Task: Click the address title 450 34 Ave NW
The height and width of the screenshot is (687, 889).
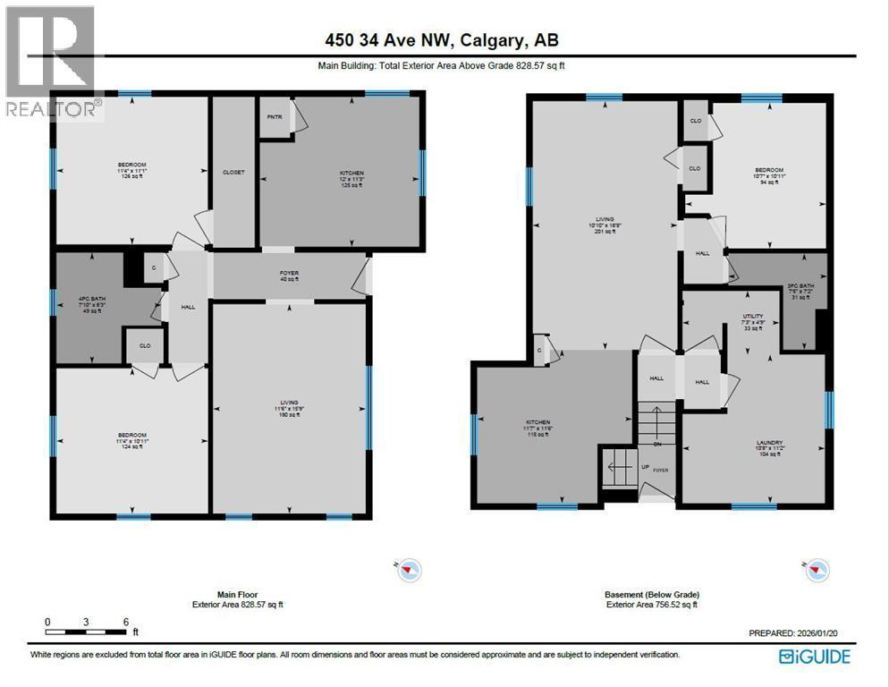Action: [x=444, y=41]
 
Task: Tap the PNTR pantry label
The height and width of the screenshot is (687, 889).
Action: [x=275, y=116]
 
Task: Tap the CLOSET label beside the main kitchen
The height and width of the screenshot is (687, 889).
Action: [x=233, y=172]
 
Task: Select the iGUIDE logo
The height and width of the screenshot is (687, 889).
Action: [x=814, y=657]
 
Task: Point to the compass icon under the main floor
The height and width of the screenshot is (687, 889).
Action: [x=411, y=569]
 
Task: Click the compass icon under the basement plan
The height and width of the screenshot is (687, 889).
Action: [x=817, y=569]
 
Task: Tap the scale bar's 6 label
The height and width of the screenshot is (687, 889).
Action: [x=126, y=622]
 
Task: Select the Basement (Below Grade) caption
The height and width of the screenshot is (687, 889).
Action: [x=651, y=594]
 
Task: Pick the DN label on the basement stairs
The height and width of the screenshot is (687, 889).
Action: [x=657, y=444]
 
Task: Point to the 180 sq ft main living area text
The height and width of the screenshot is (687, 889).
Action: [x=288, y=414]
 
